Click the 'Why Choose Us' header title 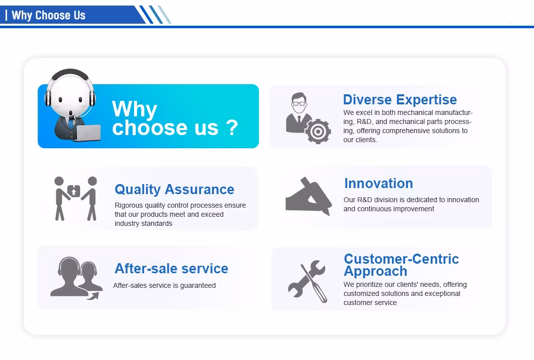(x=48, y=15)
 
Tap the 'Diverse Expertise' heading (x=400, y=99)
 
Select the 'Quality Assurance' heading (x=174, y=190)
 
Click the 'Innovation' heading (x=379, y=184)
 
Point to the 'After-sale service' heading (x=171, y=269)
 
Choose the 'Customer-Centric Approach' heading (x=402, y=265)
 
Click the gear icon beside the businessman (x=318, y=131)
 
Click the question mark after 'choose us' (x=232, y=128)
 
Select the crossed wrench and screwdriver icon (x=307, y=281)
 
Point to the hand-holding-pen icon (x=308, y=196)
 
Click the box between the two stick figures (x=74, y=191)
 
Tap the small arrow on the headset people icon (x=93, y=296)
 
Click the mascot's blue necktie (x=71, y=124)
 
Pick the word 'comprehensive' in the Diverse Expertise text (x=408, y=131)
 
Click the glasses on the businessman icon (x=299, y=103)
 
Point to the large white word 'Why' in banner (x=135, y=109)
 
